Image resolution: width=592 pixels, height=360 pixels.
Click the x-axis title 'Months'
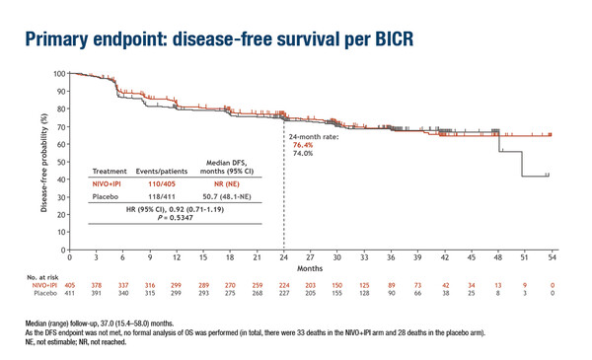click(310, 267)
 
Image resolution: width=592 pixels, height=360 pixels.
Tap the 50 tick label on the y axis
click(60, 163)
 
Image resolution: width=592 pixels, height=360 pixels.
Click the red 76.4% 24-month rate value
click(303, 144)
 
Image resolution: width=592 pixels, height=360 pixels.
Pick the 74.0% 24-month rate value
click(303, 154)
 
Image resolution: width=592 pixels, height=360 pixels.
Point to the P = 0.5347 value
click(174, 218)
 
